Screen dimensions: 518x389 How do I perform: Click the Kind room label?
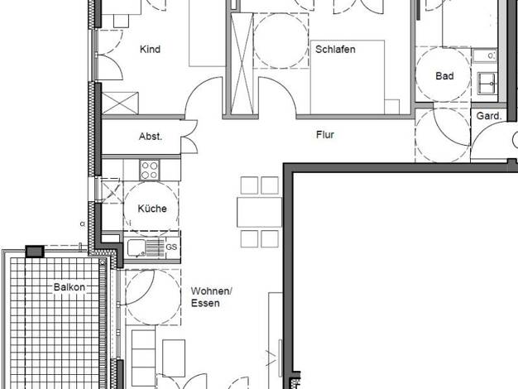point(150,49)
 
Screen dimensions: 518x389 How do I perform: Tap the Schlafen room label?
point(335,49)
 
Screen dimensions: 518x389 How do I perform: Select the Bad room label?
point(444,76)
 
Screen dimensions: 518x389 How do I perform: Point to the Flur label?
point(325,135)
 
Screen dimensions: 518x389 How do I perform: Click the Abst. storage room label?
point(151,137)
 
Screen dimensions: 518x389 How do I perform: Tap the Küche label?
point(152,209)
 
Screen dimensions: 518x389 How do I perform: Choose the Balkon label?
point(70,287)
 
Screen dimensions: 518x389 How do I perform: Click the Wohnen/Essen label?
point(212,297)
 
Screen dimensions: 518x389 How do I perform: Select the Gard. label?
point(489,116)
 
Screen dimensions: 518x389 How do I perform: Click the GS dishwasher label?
point(171,247)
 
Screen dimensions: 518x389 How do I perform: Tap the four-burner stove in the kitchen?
point(149,170)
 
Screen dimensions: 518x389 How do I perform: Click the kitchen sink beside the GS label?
point(146,247)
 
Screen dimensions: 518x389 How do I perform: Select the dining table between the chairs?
point(259,212)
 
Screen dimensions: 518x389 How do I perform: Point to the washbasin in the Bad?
point(487,83)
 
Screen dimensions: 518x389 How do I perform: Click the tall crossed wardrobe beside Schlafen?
point(242,64)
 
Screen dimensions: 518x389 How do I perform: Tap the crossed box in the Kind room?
point(120,103)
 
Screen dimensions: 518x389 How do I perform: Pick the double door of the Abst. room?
point(189,137)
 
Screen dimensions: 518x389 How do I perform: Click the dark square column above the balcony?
point(35,252)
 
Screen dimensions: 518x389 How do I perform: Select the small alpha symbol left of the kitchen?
point(83,223)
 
